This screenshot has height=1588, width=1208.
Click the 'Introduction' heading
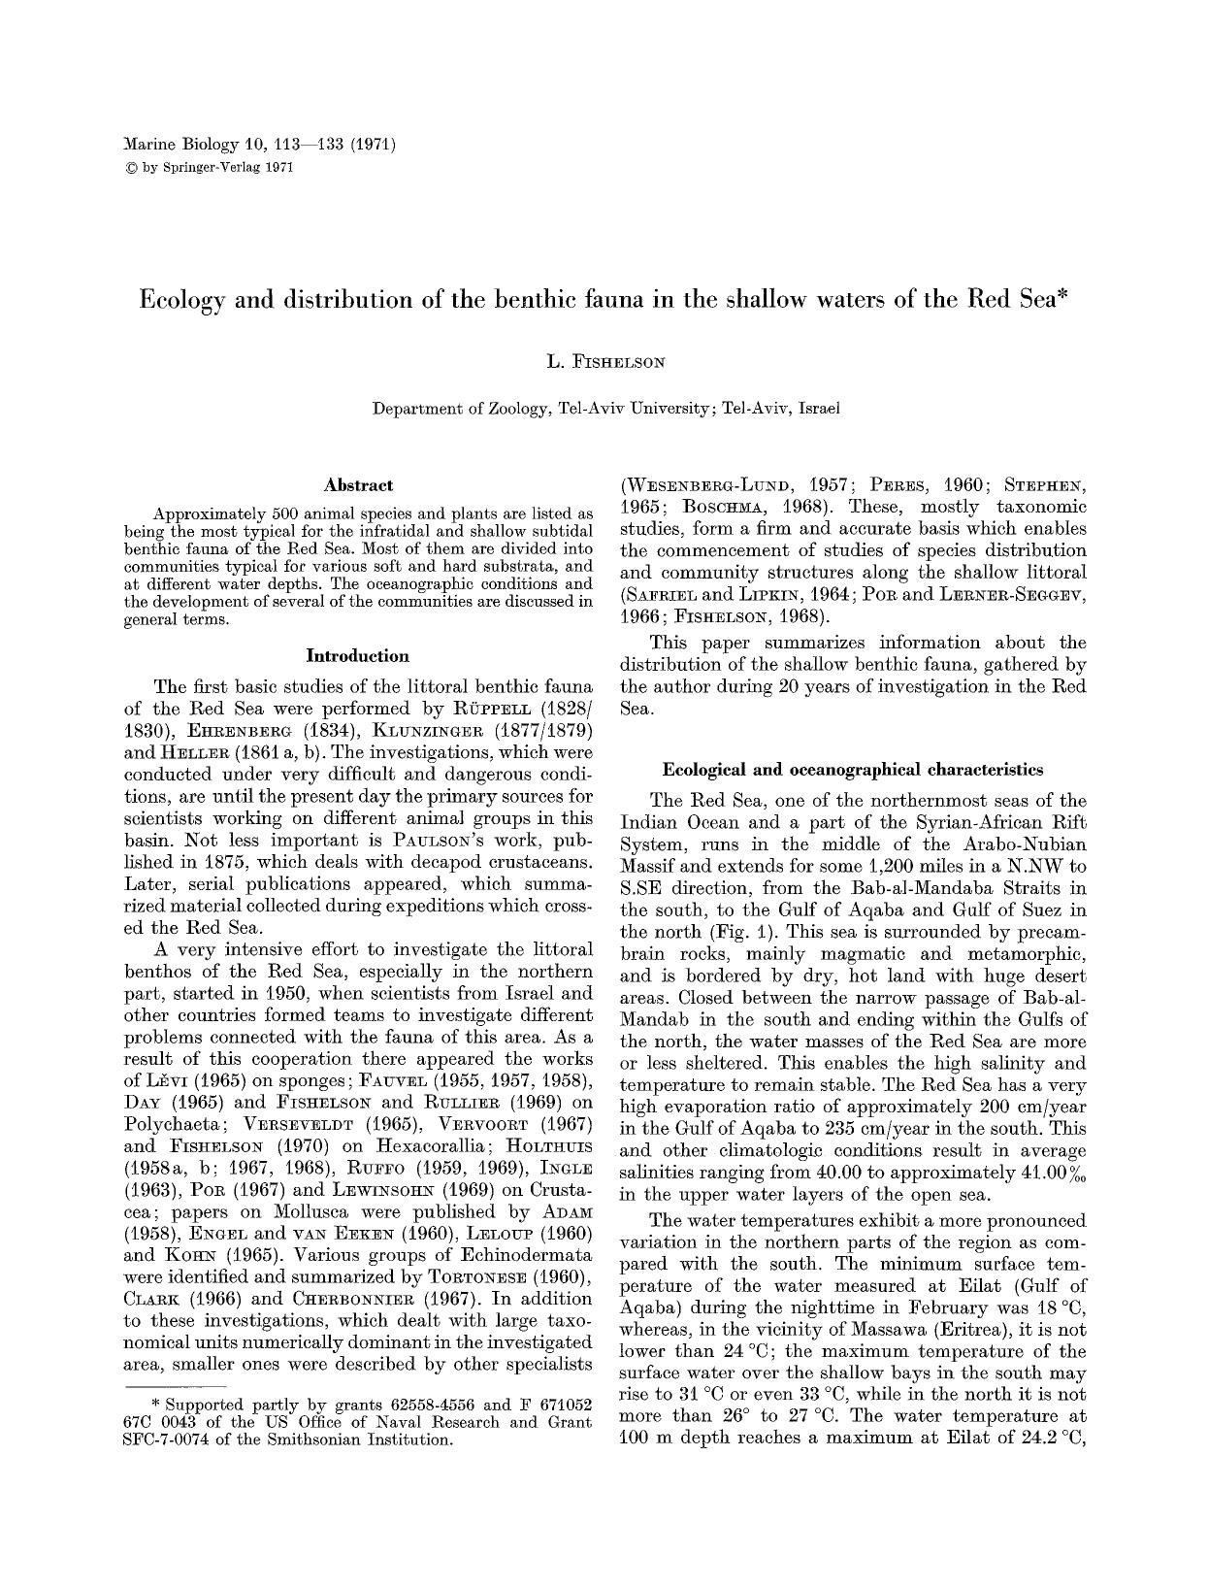click(358, 656)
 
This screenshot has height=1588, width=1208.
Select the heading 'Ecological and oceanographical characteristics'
click(853, 770)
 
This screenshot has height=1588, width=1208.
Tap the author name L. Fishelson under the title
click(605, 363)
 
